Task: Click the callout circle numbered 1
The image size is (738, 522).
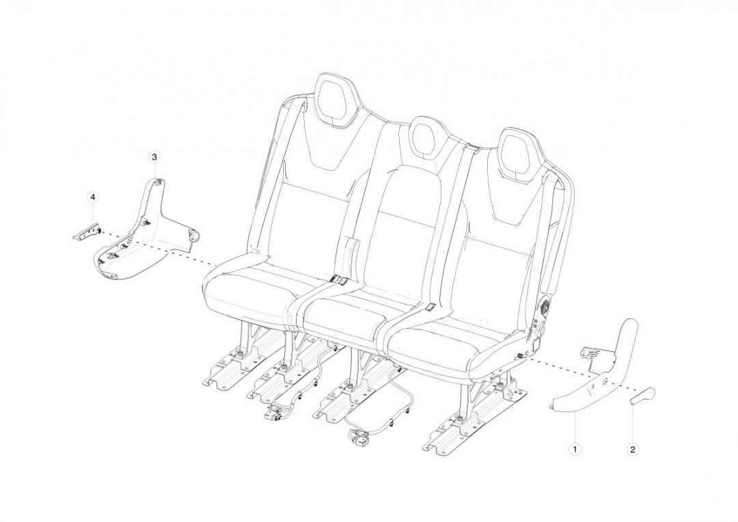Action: pos(575,449)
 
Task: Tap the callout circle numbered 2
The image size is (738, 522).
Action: pos(632,449)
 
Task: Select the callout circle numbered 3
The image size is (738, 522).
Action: pos(154,157)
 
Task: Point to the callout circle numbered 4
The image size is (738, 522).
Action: pos(93,197)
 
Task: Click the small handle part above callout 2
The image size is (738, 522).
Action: pos(642,398)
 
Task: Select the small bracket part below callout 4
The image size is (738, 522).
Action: pos(86,232)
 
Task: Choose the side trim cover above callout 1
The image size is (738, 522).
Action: pos(601,376)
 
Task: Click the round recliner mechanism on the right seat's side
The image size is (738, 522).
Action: pos(547,308)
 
